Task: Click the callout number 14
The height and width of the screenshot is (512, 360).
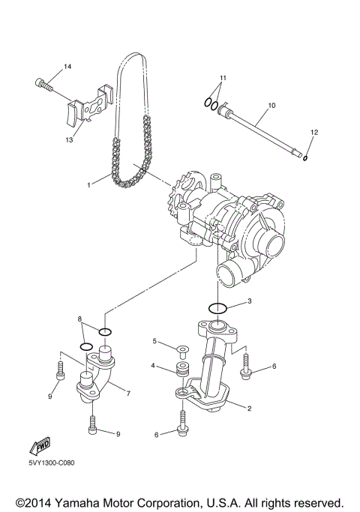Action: point(67,67)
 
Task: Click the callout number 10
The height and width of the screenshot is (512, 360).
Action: point(271,106)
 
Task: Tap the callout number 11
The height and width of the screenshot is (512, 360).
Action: point(222,78)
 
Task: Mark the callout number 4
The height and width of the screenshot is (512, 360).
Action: point(154,366)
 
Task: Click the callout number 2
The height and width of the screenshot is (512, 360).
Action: point(250,409)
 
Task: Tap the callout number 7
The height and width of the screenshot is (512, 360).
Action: point(129,393)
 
